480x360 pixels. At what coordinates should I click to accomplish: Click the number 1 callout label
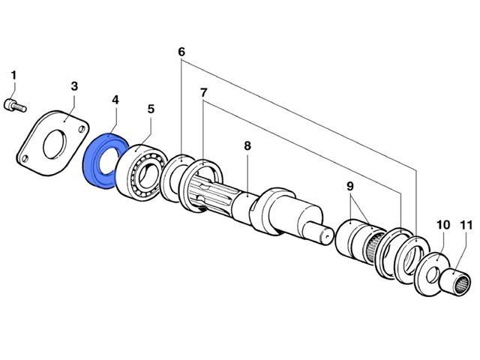pos(13,75)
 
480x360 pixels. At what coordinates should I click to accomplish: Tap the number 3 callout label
pos(74,86)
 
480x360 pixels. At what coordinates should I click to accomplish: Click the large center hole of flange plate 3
pos(55,144)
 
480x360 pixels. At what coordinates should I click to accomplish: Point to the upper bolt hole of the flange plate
pos(81,129)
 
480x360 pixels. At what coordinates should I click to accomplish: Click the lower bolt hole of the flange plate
pos(25,158)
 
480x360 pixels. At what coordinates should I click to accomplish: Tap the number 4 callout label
pos(115,100)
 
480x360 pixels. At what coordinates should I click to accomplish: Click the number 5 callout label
pos(151,109)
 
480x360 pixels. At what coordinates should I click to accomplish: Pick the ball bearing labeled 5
pos(142,173)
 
